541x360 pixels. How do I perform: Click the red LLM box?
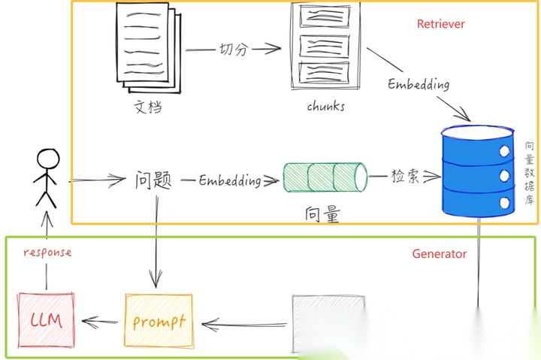[x=46, y=321]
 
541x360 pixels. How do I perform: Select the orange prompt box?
[x=159, y=322]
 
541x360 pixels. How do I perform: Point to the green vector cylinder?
[x=325, y=177]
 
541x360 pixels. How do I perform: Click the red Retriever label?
[x=441, y=24]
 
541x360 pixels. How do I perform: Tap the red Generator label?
[x=440, y=254]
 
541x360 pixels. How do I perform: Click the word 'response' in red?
[x=47, y=253]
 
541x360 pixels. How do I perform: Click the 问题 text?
[x=154, y=180]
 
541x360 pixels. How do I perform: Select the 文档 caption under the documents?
[x=148, y=107]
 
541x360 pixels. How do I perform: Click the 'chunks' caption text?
[x=326, y=106]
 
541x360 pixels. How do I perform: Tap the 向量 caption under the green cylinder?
[x=322, y=215]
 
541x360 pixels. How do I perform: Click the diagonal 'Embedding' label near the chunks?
[x=419, y=83]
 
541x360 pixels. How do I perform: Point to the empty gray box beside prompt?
[x=330, y=323]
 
